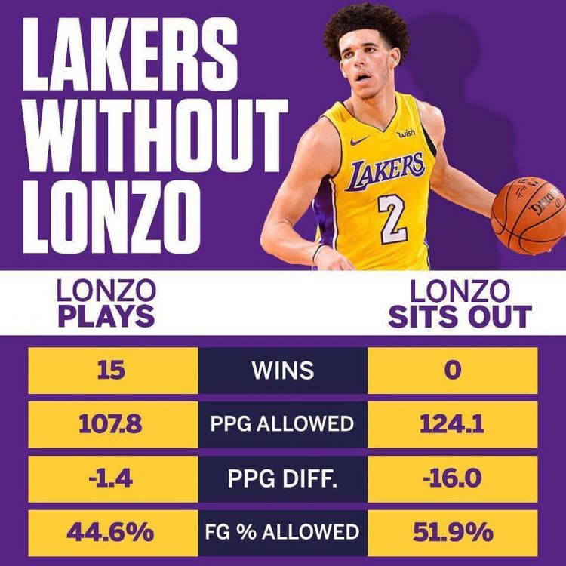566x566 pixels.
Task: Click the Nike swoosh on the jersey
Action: (360, 140)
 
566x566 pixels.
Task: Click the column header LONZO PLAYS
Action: (106, 303)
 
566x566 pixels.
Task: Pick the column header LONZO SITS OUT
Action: (460, 303)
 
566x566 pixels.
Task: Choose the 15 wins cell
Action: (113, 371)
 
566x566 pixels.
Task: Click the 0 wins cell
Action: (453, 371)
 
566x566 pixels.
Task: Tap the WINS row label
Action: (282, 371)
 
